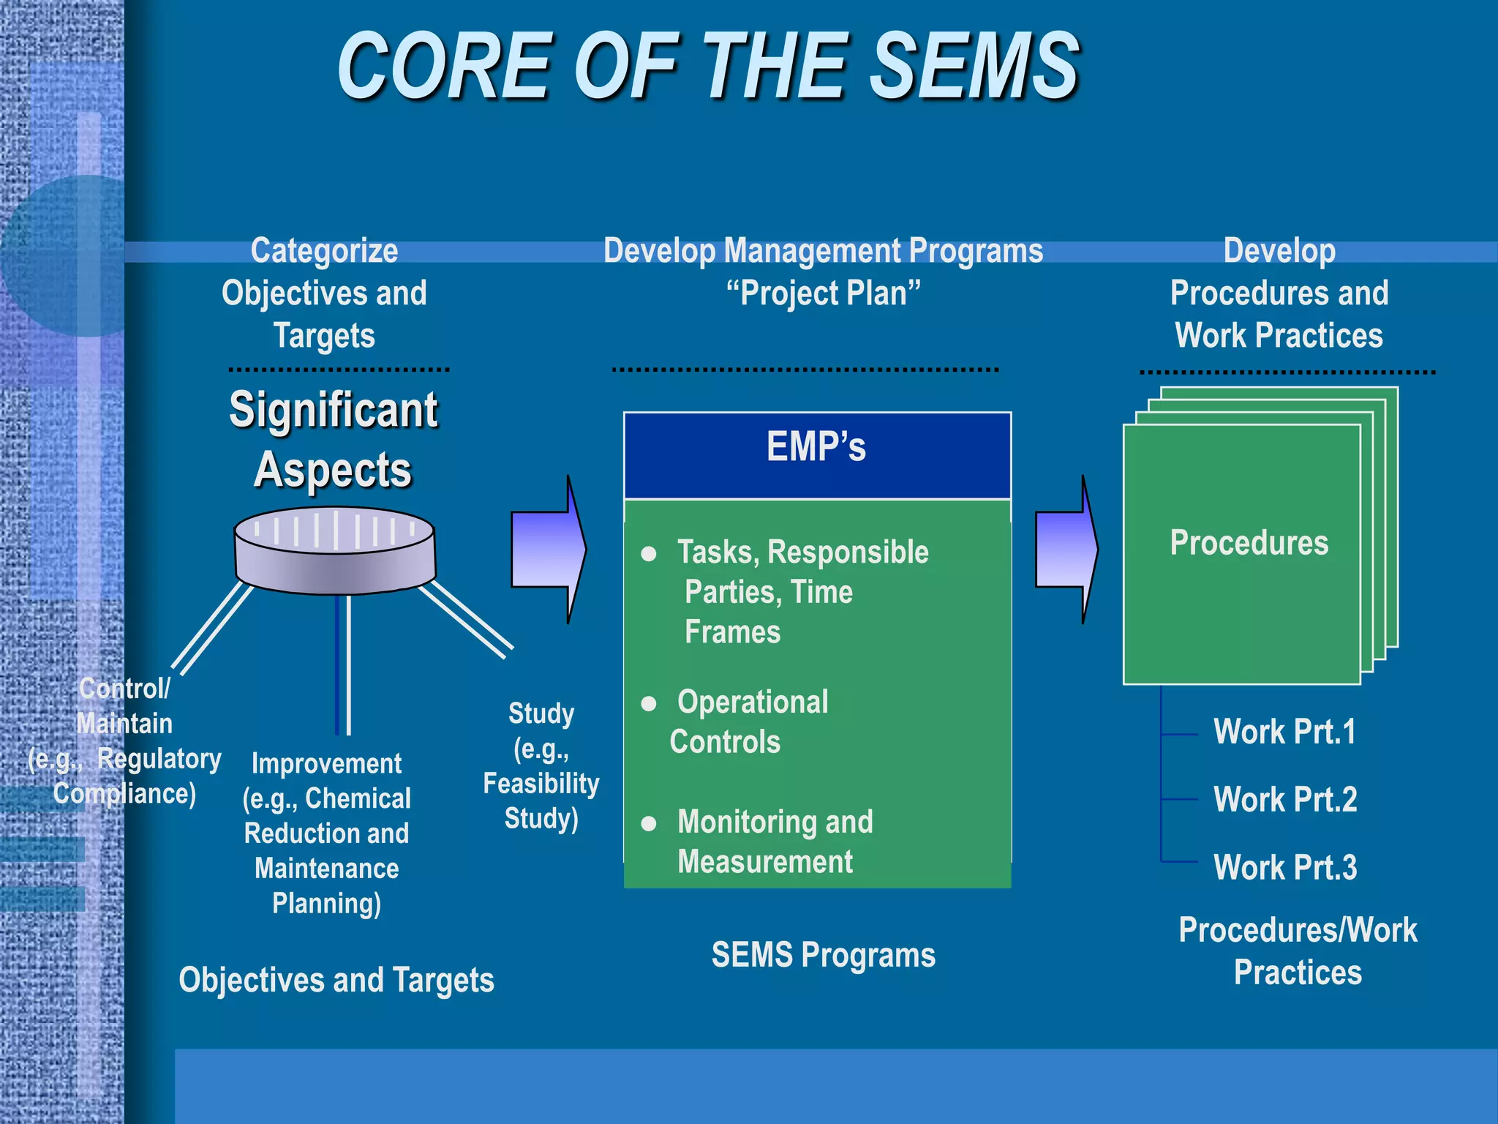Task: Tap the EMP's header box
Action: pos(816,455)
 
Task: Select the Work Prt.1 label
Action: pos(1284,732)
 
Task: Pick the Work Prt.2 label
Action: pos(1284,799)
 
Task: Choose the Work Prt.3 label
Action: pos(1284,868)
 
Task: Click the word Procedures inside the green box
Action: pos(1249,543)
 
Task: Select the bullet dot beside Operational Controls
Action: pos(648,704)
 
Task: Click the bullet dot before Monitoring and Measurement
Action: pos(648,824)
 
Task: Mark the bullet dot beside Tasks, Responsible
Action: pos(648,554)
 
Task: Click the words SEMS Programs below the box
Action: pos(823,955)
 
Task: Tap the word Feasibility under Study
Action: pos(541,784)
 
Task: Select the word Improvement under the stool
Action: pos(326,764)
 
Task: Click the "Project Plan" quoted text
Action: pos(823,293)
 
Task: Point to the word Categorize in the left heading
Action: pos(324,251)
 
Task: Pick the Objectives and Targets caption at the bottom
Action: pos(336,981)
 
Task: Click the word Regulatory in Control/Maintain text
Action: pos(159,759)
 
